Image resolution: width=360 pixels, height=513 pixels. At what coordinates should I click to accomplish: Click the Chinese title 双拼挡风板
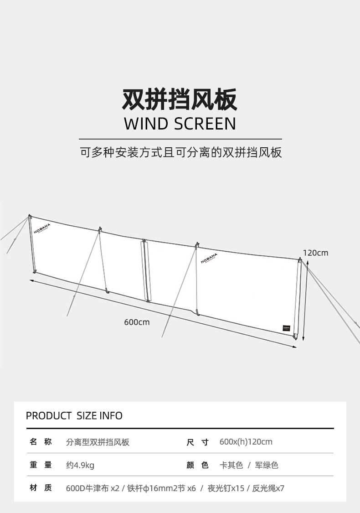[x=180, y=99]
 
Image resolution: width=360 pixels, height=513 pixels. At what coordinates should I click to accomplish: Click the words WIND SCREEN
[x=180, y=124]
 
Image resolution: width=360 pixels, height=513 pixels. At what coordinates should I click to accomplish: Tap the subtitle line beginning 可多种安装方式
[x=181, y=152]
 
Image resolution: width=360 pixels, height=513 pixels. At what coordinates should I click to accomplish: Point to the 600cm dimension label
[x=137, y=322]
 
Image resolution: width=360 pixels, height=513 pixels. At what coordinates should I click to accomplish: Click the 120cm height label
[x=315, y=253]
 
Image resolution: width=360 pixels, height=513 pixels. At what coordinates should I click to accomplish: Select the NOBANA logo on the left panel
[x=42, y=228]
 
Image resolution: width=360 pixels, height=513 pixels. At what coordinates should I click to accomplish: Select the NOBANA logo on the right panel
[x=209, y=258]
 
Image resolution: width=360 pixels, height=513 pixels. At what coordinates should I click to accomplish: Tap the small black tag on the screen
[x=287, y=328]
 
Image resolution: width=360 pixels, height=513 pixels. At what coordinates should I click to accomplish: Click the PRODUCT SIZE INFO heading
[x=74, y=415]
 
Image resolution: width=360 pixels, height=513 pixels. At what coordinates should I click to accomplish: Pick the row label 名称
[x=41, y=442]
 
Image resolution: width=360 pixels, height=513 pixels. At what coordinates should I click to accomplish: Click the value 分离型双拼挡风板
[x=98, y=442]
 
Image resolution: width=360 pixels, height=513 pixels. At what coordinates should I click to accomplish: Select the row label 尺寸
[x=197, y=442]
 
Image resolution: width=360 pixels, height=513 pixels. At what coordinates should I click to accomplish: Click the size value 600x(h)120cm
[x=246, y=442]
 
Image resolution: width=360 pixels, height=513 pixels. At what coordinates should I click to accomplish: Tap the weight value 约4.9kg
[x=80, y=465]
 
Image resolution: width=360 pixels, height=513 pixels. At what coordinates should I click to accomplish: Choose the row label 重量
[x=41, y=465]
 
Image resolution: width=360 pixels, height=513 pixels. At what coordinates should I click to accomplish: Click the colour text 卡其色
[x=231, y=465]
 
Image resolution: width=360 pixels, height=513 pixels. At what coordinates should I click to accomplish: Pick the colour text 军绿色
[x=267, y=465]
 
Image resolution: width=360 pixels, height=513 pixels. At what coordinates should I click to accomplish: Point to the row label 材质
[x=41, y=488]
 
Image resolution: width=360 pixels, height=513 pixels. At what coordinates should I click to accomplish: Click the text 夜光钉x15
[x=226, y=488]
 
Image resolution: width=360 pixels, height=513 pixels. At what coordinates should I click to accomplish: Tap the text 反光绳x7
[x=268, y=488]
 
